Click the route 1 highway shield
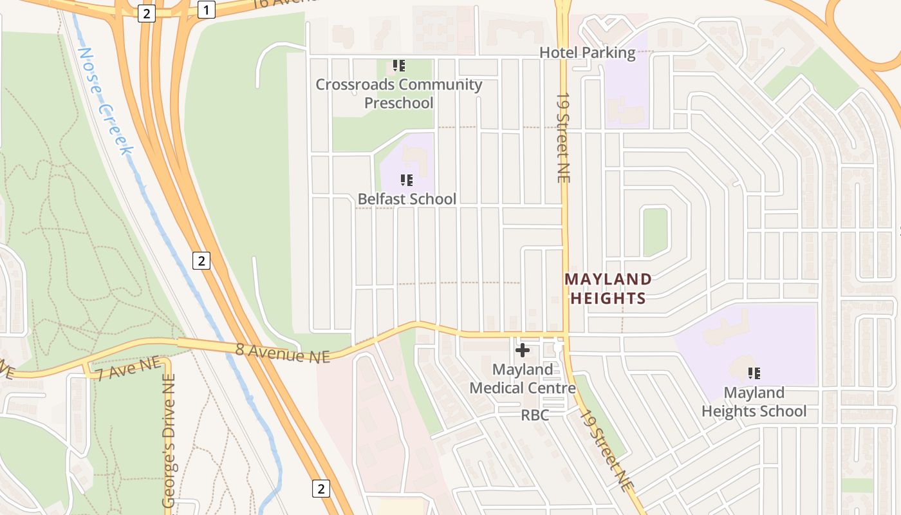(206, 10)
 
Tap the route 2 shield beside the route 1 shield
(147, 14)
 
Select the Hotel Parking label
(587, 53)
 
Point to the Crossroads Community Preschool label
(398, 93)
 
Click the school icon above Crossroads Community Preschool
(399, 66)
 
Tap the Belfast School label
(407, 199)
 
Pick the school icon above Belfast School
(406, 180)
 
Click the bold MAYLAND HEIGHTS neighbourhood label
(608, 288)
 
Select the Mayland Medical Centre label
(523, 379)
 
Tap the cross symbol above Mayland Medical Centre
(523, 350)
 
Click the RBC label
(535, 415)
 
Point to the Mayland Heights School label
(754, 402)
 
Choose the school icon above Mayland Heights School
(754, 373)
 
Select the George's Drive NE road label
(169, 444)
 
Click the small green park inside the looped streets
(655, 232)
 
